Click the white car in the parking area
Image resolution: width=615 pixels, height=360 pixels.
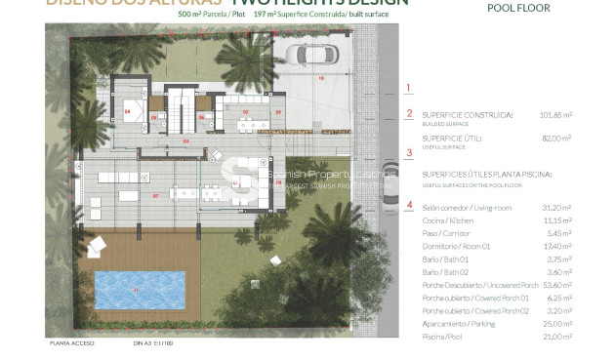[317, 58]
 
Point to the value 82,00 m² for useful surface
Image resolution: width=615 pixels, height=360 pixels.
[583, 139]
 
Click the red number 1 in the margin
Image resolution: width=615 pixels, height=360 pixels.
[409, 88]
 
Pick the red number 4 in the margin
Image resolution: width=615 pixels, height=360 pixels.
[409, 206]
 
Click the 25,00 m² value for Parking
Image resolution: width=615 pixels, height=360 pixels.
[583, 322]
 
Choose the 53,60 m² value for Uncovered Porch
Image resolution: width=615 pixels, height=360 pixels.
[583, 284]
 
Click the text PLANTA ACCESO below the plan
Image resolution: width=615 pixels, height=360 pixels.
[69, 343]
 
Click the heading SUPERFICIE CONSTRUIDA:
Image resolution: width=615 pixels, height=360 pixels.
[468, 114]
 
